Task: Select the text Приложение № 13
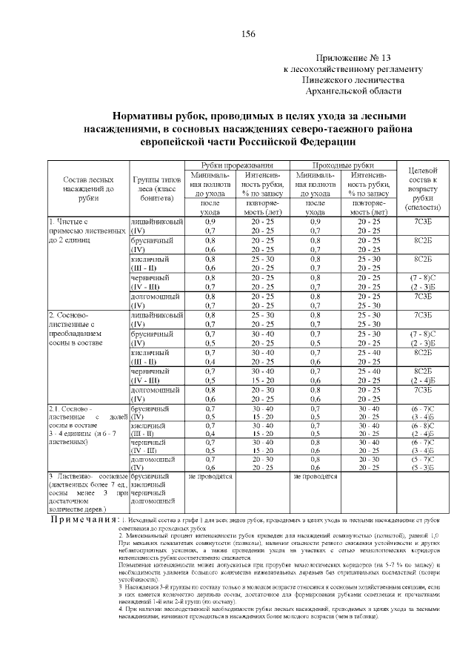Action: click(353, 58)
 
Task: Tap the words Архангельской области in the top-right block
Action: click(353, 90)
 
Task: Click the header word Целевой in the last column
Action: click(424, 172)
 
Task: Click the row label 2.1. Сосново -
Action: click(70, 409)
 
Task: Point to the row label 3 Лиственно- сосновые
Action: click(88, 475)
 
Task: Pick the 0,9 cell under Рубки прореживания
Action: click(210, 221)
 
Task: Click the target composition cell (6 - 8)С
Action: click(423, 426)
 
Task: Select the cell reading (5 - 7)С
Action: click(423, 459)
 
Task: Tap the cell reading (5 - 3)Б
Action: click(423, 467)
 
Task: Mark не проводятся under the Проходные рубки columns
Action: click(316, 475)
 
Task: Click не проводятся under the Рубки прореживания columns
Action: click(210, 475)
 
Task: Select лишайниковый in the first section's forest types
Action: click(156, 221)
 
